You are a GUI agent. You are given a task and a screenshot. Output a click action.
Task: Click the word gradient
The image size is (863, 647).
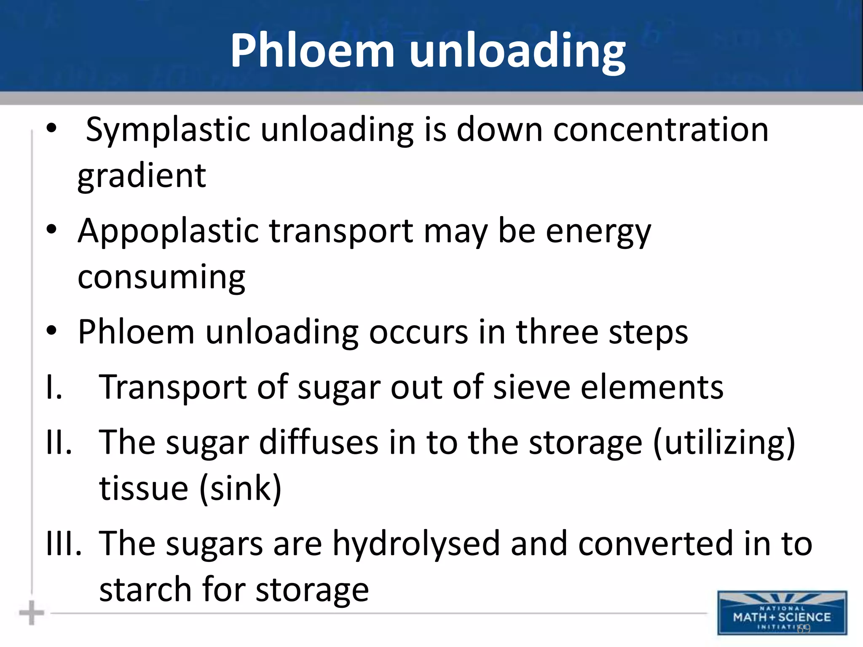click(x=142, y=176)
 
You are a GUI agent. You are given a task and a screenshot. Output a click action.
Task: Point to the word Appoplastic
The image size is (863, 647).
click(x=169, y=231)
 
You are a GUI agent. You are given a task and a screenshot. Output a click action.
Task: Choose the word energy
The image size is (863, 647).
click(x=598, y=231)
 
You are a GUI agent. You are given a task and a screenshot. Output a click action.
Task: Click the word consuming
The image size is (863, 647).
click(x=161, y=278)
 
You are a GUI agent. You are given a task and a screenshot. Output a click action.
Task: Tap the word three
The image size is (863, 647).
click(x=557, y=332)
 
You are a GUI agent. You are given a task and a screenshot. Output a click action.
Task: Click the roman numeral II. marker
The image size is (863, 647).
click(x=59, y=442)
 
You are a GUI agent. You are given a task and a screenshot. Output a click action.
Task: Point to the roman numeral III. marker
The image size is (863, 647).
click(x=64, y=543)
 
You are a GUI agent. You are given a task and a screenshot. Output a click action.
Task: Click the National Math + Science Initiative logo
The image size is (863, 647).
click(x=782, y=613)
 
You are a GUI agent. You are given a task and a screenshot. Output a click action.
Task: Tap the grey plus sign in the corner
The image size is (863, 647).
click(x=32, y=613)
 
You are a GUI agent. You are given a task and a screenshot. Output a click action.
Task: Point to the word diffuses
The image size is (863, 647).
click(x=319, y=442)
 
